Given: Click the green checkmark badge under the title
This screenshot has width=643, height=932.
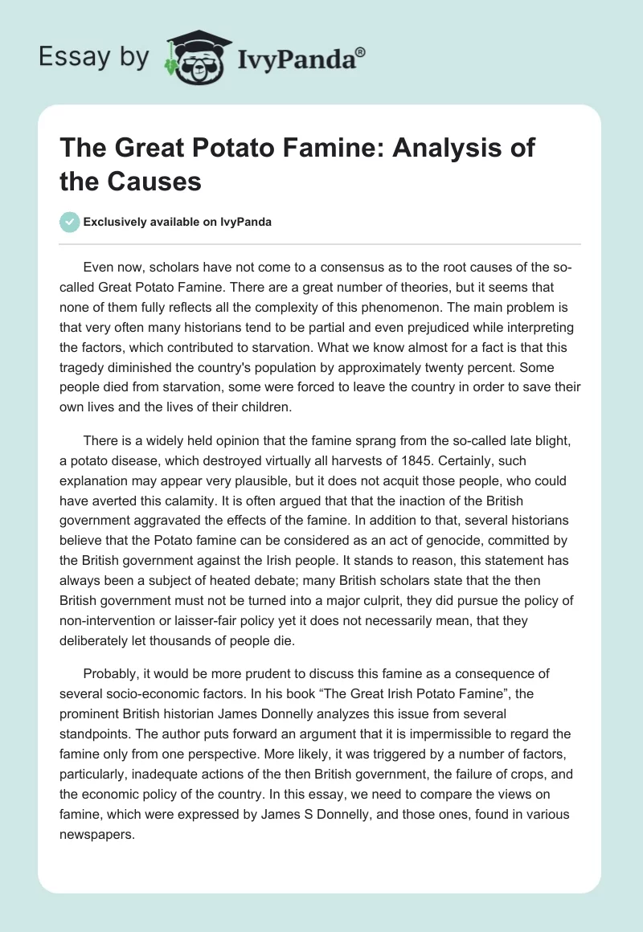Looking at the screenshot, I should click(69, 222).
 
